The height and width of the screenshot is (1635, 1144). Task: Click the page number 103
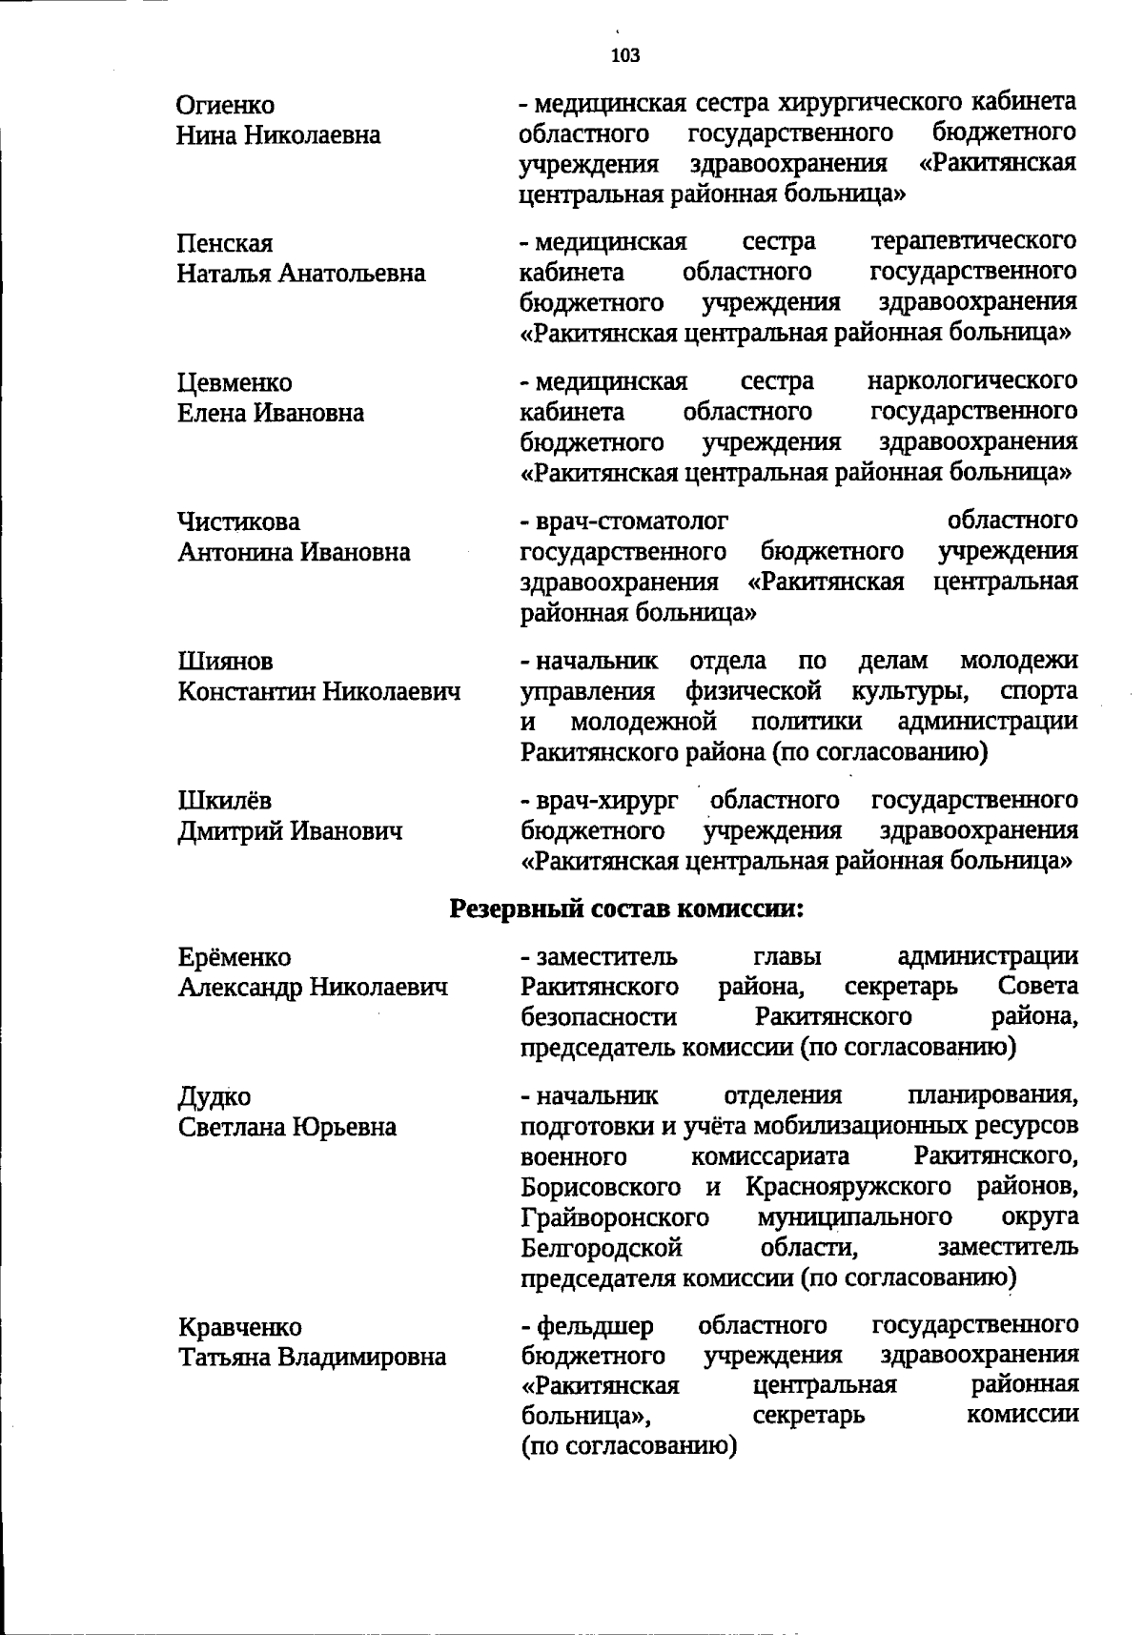point(626,55)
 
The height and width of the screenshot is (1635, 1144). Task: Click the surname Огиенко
point(226,105)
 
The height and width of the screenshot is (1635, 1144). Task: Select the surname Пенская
point(225,244)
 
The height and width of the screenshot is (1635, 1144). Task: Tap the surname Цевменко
point(235,383)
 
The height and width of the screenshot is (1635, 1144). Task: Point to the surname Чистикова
point(238,522)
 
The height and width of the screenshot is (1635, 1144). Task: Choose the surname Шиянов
point(225,662)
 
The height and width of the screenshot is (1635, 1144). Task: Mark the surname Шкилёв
point(225,801)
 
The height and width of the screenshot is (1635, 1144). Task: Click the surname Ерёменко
point(235,957)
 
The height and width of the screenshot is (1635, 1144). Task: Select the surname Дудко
point(214,1097)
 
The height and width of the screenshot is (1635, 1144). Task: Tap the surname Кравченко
point(240,1328)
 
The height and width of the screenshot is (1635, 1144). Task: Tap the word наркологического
point(972,382)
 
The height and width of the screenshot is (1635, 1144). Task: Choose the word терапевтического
point(974,241)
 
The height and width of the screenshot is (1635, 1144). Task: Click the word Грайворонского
point(615,1218)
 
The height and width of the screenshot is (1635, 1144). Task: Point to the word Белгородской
point(602,1248)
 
